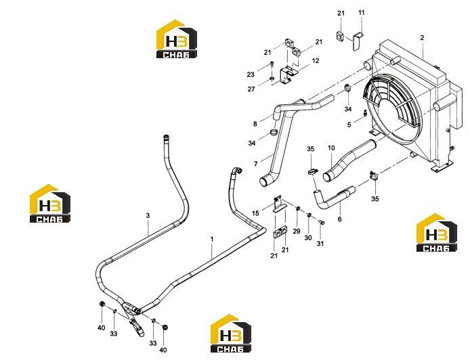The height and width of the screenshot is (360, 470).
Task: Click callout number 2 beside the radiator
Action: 422,38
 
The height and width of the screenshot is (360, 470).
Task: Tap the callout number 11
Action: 362,13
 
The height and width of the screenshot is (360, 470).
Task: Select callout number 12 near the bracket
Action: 316,61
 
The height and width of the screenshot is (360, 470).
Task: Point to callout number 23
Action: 251,74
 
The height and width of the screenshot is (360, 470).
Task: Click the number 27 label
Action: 251,89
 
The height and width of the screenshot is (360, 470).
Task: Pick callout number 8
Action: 255,124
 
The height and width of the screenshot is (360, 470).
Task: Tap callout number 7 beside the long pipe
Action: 256,164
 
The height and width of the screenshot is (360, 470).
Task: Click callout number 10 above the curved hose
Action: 331,148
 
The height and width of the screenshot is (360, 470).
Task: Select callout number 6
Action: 339,219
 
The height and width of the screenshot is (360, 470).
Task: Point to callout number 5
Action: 349,125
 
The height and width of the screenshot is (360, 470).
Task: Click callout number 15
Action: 255,213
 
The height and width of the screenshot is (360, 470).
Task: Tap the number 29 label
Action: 297,231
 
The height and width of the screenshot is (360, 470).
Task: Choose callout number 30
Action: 308,238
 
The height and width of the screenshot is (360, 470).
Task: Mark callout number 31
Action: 320,244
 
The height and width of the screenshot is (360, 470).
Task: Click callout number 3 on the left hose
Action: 148,216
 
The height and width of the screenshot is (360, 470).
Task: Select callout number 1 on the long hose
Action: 212,240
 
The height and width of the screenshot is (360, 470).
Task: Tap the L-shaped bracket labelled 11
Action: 358,42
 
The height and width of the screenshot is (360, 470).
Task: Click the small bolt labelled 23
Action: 272,64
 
